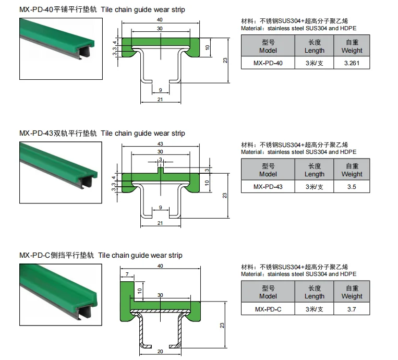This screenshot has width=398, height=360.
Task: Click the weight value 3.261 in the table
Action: pyautogui.click(x=352, y=63)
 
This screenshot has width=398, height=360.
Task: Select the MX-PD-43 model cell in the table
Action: pyautogui.click(x=268, y=186)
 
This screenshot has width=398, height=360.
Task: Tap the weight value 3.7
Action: pyautogui.click(x=352, y=309)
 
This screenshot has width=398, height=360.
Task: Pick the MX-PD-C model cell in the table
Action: pyautogui.click(x=268, y=309)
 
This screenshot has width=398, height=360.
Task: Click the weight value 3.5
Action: pyautogui.click(x=352, y=186)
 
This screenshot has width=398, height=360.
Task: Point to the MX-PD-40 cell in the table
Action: pyautogui.click(x=268, y=63)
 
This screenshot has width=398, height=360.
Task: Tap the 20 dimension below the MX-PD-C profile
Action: pyautogui.click(x=160, y=352)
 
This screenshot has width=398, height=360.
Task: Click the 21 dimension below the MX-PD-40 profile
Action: pyautogui.click(x=160, y=100)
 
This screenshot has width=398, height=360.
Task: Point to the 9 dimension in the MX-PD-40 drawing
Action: pyautogui.click(x=160, y=90)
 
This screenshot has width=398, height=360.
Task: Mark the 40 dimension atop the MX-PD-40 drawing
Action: pyautogui.click(x=160, y=20)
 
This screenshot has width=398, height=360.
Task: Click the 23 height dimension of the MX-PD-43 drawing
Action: pyautogui.click(x=224, y=195)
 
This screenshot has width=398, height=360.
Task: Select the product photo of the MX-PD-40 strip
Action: pyautogui.click(x=60, y=48)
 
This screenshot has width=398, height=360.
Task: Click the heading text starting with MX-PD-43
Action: pyautogui.click(x=102, y=134)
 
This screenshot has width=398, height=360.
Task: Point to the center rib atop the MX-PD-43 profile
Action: pyautogui.click(x=160, y=169)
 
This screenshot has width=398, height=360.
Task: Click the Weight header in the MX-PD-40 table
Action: pyautogui.click(x=352, y=46)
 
